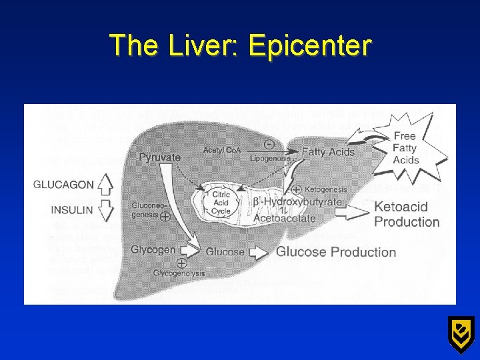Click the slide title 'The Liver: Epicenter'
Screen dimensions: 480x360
click(x=240, y=45)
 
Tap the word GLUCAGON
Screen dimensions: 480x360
click(x=63, y=185)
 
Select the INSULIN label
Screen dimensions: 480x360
click(x=73, y=210)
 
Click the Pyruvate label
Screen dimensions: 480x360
click(x=160, y=157)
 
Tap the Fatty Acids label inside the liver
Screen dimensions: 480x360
click(x=328, y=152)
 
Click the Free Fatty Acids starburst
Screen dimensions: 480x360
click(x=405, y=148)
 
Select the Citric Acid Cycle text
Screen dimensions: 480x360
click(x=221, y=201)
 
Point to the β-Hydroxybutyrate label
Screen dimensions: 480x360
click(x=297, y=202)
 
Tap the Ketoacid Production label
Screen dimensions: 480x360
click(x=407, y=214)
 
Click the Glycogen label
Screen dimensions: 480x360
click(x=153, y=250)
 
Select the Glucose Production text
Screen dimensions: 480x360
click(x=336, y=252)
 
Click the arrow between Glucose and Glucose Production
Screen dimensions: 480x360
click(x=259, y=252)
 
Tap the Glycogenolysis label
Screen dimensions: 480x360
click(x=179, y=273)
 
